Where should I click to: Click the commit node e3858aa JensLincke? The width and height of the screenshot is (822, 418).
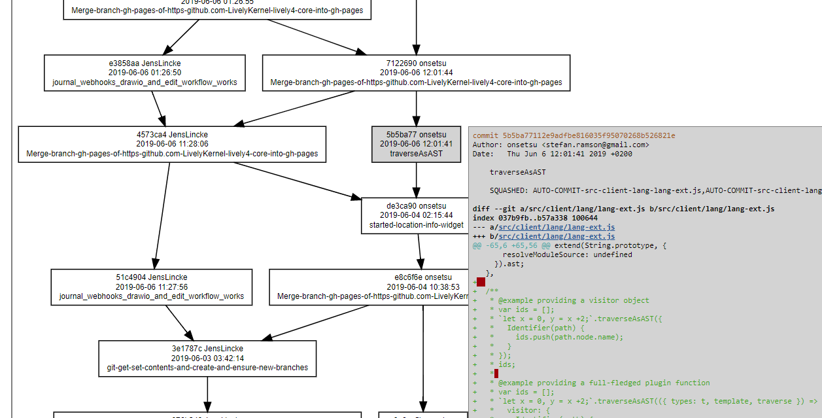pos(145,73)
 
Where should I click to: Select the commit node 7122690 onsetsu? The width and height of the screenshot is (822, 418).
pos(416,73)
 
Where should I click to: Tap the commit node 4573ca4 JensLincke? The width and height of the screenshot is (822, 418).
pos(172,144)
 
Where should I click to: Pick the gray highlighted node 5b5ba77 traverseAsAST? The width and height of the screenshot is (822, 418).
pos(416,144)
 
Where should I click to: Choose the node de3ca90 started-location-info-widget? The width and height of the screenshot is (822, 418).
pos(416,216)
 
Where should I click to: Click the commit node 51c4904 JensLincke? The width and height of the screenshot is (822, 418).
pos(152,287)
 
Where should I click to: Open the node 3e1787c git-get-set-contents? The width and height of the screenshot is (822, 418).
pos(207,358)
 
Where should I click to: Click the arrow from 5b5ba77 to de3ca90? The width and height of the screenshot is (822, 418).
pos(416,180)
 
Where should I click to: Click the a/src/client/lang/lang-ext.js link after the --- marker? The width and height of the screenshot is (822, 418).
pos(557,227)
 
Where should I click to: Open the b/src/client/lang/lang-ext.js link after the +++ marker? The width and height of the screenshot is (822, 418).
pos(557,236)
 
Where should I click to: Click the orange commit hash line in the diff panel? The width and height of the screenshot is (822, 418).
pos(574,135)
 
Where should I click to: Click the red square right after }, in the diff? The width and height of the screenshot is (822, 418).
pos(481,282)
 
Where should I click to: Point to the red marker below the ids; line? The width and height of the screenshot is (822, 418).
pos(496,374)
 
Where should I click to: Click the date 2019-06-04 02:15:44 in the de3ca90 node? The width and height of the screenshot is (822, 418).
pos(416,216)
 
